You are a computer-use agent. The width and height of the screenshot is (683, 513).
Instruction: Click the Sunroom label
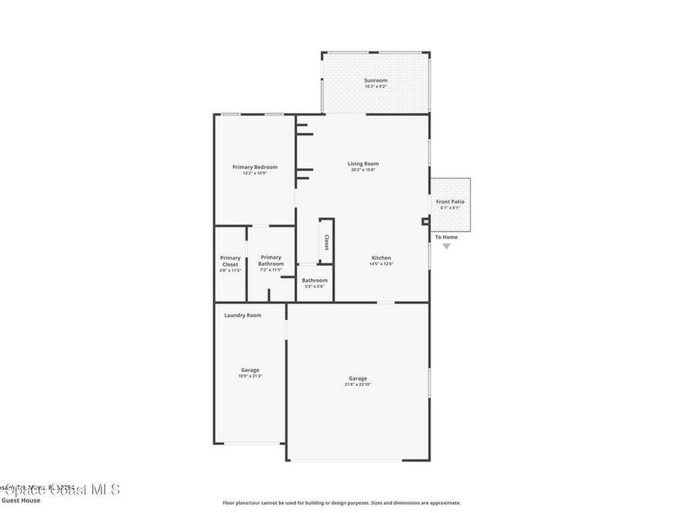click(376, 80)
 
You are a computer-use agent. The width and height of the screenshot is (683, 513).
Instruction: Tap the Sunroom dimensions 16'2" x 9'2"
click(376, 86)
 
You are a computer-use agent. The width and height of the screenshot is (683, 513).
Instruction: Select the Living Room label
click(363, 164)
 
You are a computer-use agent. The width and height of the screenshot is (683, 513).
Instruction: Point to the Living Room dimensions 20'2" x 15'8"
click(363, 170)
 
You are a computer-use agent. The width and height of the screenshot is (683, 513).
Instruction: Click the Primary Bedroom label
click(255, 167)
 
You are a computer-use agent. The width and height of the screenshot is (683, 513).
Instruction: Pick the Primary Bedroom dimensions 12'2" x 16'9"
click(255, 173)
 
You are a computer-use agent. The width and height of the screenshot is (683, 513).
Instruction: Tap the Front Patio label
click(450, 202)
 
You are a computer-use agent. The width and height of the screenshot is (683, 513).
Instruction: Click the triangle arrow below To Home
click(446, 246)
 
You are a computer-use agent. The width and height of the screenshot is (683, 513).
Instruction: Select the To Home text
click(446, 237)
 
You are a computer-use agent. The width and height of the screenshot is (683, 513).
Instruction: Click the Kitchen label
click(382, 258)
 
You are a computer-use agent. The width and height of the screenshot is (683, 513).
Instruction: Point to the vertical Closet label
click(327, 242)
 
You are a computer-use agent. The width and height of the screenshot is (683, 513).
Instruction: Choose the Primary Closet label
click(230, 261)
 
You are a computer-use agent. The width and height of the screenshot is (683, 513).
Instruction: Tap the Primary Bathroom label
click(271, 261)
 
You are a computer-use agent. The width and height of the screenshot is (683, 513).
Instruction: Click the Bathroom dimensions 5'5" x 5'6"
click(314, 287)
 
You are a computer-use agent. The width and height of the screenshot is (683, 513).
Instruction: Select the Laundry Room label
click(243, 315)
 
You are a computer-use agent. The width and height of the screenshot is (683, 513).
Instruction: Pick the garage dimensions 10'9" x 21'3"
click(250, 376)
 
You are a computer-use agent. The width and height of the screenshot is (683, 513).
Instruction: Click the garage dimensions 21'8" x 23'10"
click(358, 384)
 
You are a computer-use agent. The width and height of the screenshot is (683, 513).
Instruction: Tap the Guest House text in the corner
click(21, 500)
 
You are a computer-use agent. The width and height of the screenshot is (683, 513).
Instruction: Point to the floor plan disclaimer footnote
click(341, 503)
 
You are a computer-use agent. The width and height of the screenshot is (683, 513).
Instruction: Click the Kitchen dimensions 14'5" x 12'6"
click(382, 264)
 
